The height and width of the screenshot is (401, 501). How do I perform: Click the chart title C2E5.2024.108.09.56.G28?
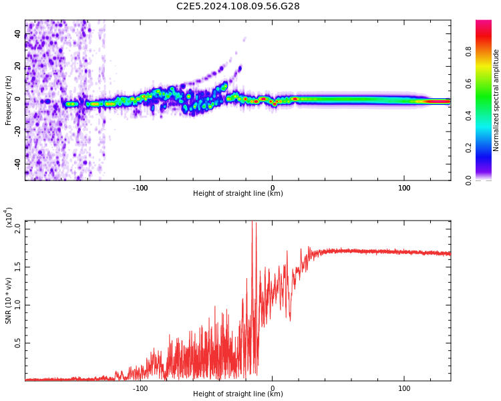click(238, 7)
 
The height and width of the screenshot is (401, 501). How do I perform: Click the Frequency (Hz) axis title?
click(9, 100)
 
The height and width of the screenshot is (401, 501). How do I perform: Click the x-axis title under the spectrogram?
click(238, 194)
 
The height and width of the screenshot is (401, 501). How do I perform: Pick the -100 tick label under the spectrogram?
click(140, 187)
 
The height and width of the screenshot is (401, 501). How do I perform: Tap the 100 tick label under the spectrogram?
click(404, 187)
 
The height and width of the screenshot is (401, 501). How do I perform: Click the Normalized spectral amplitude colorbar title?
click(496, 100)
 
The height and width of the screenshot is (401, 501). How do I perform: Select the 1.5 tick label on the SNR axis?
click(18, 267)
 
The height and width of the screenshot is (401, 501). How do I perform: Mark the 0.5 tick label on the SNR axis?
click(18, 344)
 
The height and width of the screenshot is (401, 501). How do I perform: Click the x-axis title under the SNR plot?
click(238, 394)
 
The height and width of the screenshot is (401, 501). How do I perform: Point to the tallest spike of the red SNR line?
click(253, 223)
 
